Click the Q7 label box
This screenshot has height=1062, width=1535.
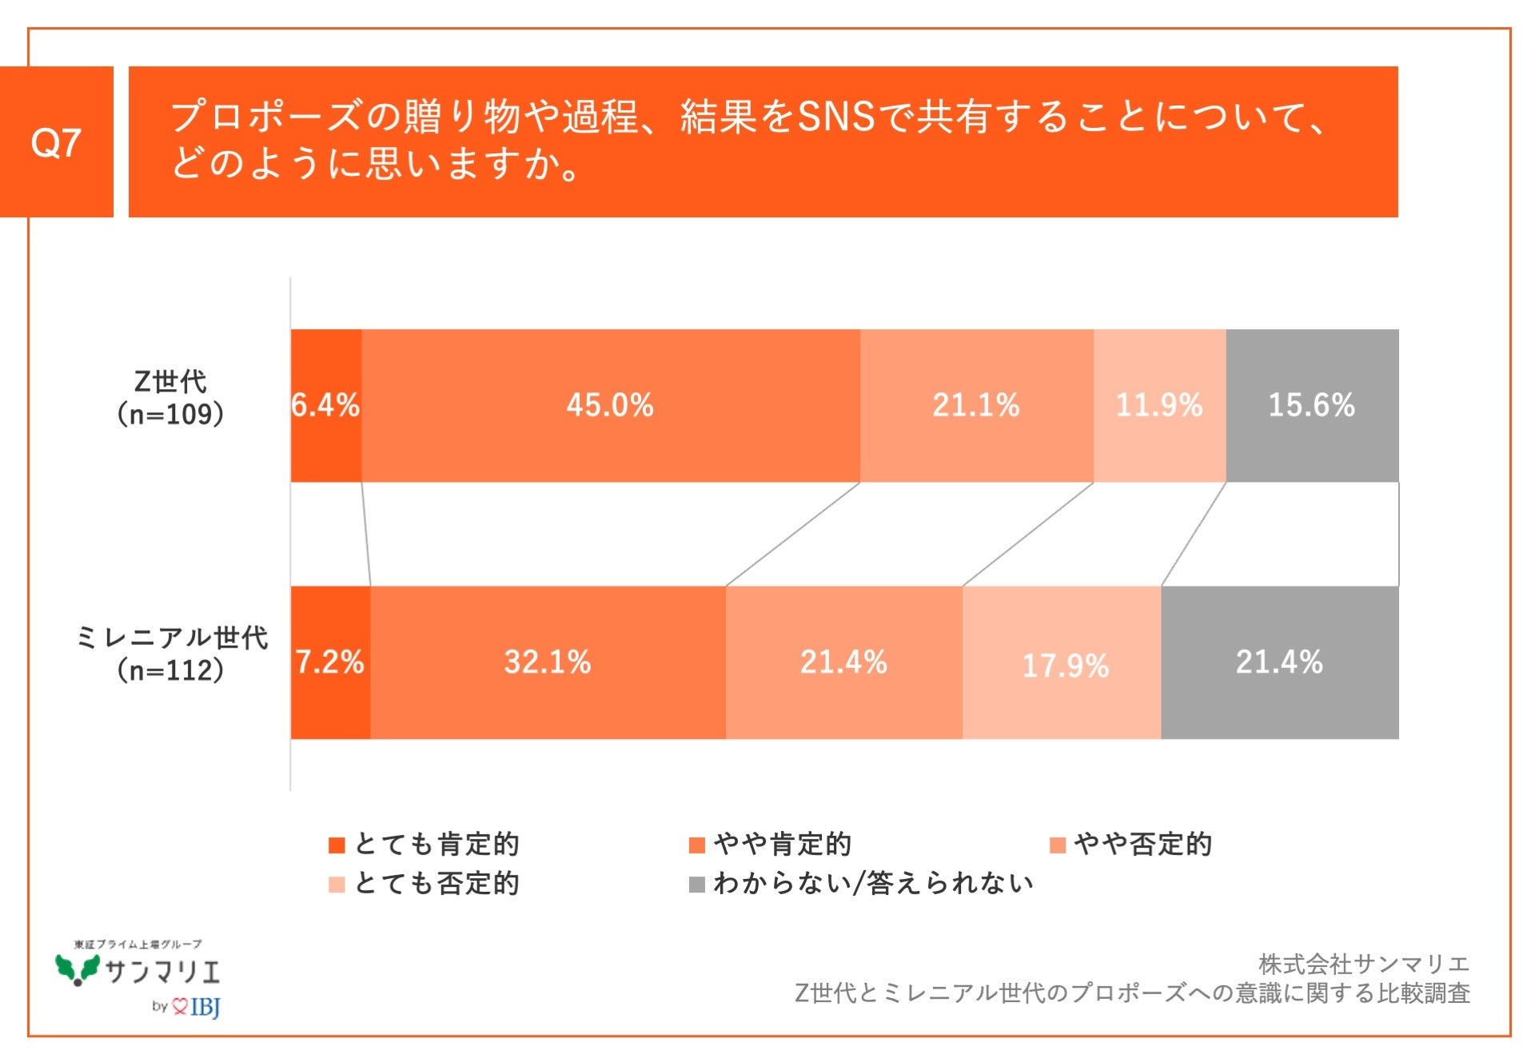coord(56,142)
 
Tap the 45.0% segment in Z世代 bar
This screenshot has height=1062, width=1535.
coord(610,405)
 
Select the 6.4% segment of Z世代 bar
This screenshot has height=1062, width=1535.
coord(325,405)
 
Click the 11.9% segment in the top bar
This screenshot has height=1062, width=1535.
coord(1159,405)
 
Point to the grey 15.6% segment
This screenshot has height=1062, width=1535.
coord(1311,405)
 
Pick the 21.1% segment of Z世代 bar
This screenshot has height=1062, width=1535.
coord(976,405)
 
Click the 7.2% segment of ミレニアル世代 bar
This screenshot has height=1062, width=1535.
coord(329,662)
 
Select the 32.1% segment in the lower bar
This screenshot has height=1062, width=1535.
coord(548,662)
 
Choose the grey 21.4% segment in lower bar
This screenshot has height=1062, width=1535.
coord(1279,662)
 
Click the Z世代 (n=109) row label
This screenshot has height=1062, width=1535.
coord(170,398)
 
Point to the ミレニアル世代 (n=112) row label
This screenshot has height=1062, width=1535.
coord(170,654)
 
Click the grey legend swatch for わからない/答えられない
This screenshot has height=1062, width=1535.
coord(696,884)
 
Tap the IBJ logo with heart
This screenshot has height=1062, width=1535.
coord(197,1006)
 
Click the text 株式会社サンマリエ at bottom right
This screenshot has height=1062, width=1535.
coord(1363,965)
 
